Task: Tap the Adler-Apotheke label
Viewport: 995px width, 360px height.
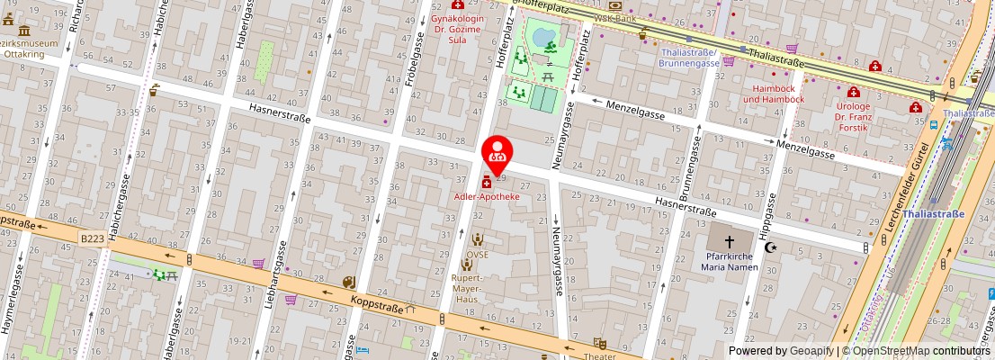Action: (486, 196)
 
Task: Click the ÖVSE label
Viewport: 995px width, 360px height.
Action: (476, 255)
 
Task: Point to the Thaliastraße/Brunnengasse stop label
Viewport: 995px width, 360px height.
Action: (689, 58)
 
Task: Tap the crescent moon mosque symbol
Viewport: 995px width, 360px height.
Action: (770, 247)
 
